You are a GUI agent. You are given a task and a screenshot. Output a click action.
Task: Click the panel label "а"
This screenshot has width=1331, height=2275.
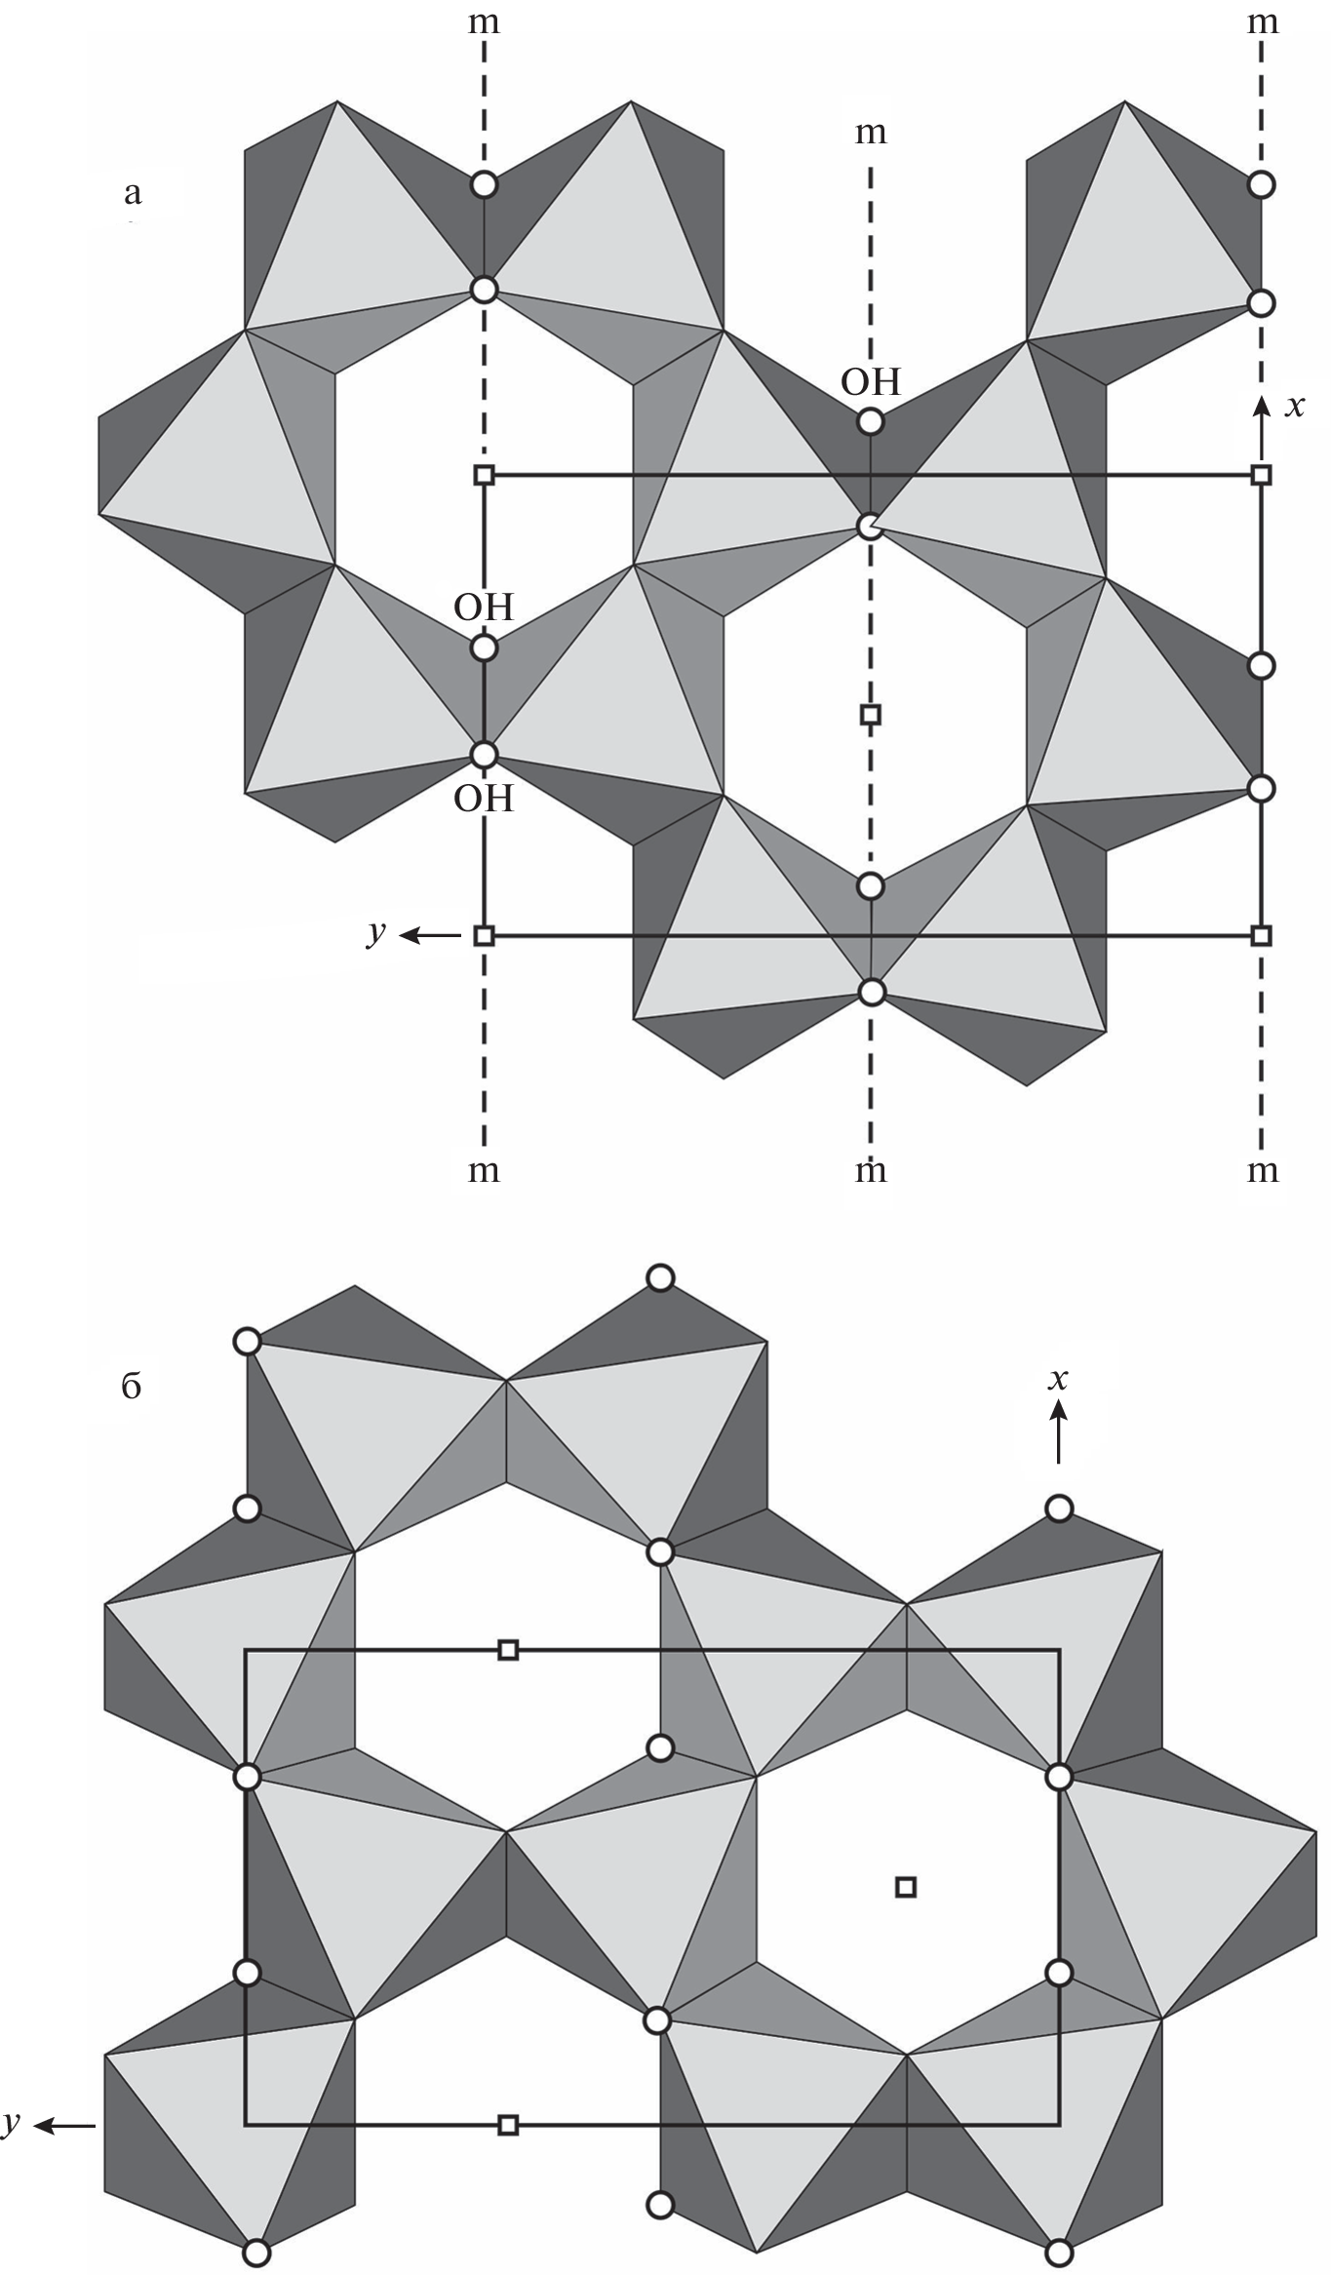pos(133,193)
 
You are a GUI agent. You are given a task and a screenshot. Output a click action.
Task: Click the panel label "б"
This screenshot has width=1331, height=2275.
pos(132,1386)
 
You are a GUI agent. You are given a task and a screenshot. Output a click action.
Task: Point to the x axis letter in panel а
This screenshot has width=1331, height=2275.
pos(1294,406)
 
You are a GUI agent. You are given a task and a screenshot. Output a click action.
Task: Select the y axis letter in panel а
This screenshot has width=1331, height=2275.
pos(376,934)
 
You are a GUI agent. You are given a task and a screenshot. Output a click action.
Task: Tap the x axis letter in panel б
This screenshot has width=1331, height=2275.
pos(1058,1379)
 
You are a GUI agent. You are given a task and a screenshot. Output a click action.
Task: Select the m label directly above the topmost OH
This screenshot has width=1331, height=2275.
pos(871,133)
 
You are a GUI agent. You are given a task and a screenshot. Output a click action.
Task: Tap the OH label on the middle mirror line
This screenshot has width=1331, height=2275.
pos(871,381)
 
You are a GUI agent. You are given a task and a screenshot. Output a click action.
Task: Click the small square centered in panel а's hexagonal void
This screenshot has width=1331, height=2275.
pos(871,715)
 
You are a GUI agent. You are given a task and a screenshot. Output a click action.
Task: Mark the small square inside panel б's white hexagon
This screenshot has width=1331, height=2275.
pos(905,1887)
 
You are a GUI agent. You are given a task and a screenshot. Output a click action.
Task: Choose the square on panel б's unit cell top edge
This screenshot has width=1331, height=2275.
pos(507,1650)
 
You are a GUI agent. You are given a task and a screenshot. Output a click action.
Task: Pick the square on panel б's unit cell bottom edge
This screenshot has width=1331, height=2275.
pos(507,2125)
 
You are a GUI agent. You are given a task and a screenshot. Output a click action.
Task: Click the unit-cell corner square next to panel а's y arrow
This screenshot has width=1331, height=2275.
pos(484,936)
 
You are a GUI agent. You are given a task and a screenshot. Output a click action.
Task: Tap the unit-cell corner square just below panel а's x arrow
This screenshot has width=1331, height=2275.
pos(1261,475)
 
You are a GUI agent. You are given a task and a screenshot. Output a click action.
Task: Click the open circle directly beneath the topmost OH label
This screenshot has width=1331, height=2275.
pos(871,422)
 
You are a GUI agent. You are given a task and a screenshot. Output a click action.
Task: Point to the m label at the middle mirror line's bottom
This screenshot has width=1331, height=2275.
pos(871,1170)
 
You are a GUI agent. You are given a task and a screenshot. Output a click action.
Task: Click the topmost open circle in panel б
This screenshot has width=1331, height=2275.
pos(660,1277)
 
